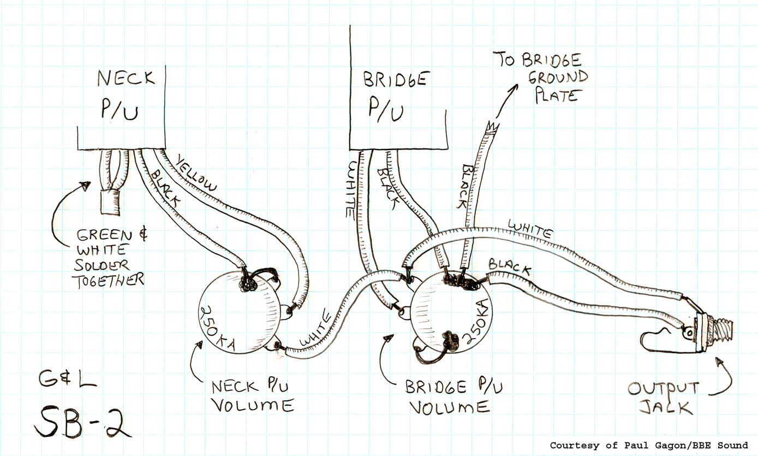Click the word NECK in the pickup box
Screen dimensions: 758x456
pos(126,78)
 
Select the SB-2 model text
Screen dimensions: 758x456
pos(82,422)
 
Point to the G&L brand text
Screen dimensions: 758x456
pos(68,379)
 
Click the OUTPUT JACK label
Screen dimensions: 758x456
pos(663,399)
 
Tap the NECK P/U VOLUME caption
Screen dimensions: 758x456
pos(253,396)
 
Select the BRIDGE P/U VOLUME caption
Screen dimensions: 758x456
pos(453,397)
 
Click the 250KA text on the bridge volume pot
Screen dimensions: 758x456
pos(476,322)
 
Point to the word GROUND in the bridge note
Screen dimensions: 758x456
pos(558,78)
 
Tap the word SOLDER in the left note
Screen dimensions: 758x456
pos(102,265)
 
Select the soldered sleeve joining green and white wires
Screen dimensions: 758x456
pos(110,202)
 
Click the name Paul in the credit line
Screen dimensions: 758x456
pos(636,446)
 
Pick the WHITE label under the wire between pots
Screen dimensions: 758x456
pos(315,328)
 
